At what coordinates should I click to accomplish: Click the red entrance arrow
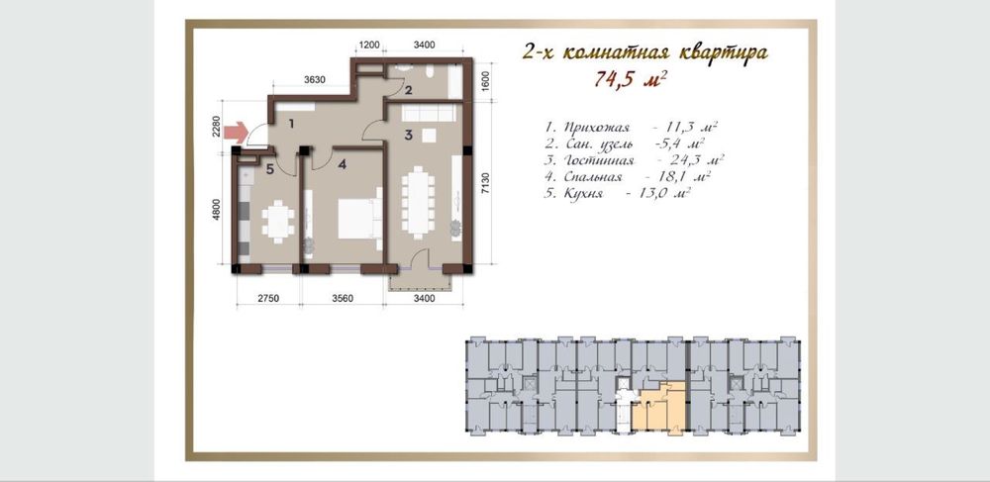(x=237, y=133)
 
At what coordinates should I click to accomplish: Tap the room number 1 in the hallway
(x=291, y=124)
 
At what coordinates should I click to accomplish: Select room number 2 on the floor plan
(x=409, y=90)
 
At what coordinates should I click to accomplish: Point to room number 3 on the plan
(x=409, y=135)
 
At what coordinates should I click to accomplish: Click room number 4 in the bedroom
(x=342, y=164)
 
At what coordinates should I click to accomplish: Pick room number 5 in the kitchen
(x=269, y=168)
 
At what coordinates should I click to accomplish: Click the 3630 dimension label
(x=315, y=79)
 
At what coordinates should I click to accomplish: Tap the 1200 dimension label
(x=368, y=45)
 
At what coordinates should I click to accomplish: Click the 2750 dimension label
(x=267, y=299)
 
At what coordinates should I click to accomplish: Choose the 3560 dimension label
(x=342, y=299)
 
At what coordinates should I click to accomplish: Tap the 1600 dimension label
(x=485, y=80)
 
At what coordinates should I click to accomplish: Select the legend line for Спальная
(x=629, y=176)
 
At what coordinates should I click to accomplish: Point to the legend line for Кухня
(x=617, y=193)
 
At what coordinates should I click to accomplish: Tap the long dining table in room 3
(x=418, y=202)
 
